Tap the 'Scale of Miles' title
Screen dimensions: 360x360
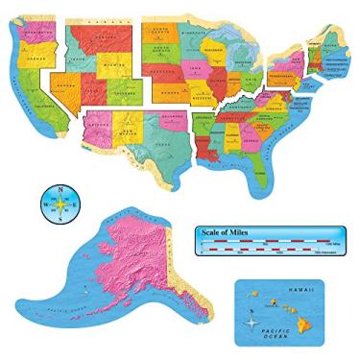click(224, 233)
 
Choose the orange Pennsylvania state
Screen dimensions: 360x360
click(287, 72)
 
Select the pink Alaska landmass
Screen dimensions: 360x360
click(144, 259)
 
